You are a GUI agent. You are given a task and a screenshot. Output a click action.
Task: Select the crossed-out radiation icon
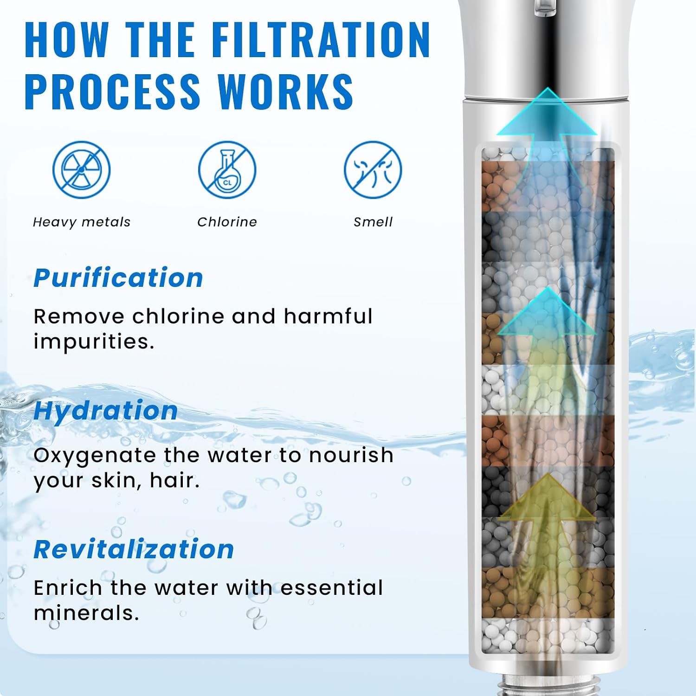[x=81, y=170]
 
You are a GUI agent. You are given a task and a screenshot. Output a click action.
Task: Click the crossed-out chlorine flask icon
[x=227, y=170]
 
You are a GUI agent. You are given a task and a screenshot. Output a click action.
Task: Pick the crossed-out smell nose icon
[x=373, y=170]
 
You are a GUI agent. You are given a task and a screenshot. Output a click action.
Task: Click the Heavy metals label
[x=82, y=222]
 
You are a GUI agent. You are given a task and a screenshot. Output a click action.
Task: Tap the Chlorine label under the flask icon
[x=227, y=222]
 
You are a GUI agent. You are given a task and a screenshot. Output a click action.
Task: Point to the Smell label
[x=373, y=222]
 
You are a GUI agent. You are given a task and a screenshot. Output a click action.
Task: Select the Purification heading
[x=118, y=278]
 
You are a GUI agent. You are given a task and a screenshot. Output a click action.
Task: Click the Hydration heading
[x=106, y=411]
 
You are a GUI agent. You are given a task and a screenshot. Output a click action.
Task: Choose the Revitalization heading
[x=134, y=549]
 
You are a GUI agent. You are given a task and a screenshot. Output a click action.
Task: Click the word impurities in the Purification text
[x=94, y=342]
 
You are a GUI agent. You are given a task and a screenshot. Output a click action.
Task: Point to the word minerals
[x=86, y=613]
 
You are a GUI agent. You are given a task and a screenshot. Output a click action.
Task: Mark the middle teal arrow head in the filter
[x=548, y=311]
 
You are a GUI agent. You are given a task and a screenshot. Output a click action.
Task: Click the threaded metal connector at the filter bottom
[x=548, y=686]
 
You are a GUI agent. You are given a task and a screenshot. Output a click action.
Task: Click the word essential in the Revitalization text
[x=332, y=588]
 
